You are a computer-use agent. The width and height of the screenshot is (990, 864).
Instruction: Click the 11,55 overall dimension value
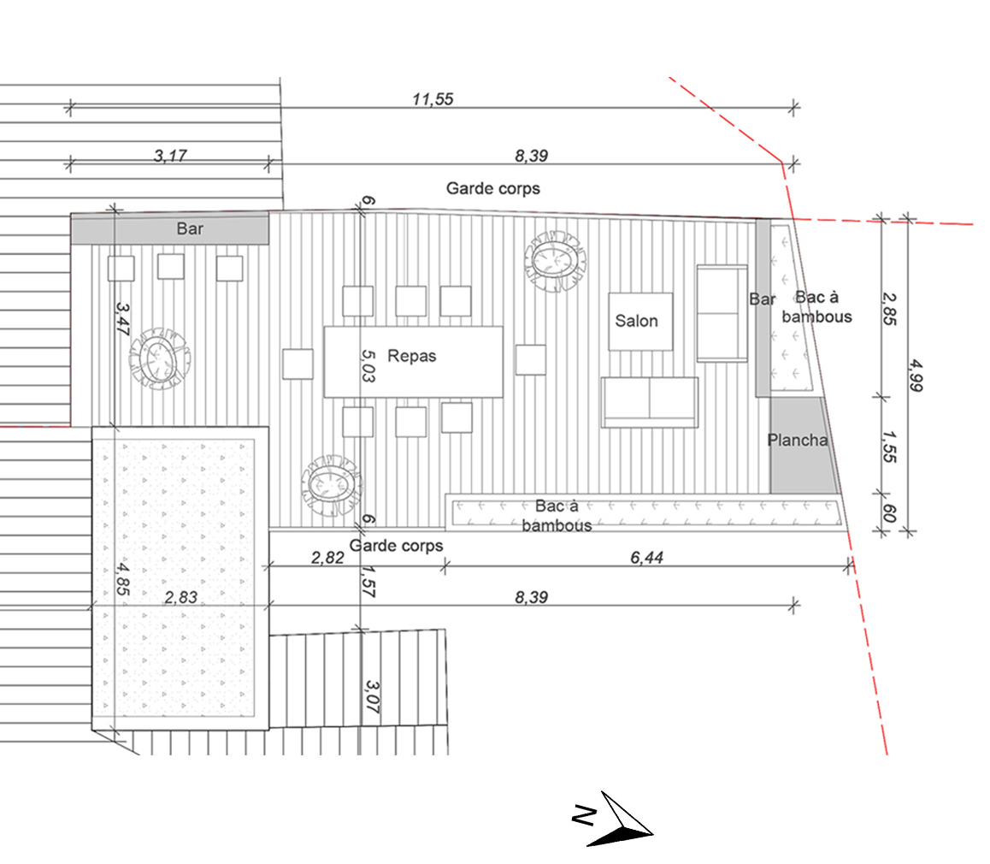coord(432,98)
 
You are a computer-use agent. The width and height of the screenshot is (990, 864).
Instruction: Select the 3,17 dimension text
coord(169,155)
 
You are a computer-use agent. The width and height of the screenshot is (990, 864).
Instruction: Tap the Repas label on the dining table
coord(411,356)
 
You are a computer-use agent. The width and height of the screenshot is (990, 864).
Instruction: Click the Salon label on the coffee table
coord(637,321)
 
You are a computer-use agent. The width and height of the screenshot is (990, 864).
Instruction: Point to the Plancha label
coord(797,441)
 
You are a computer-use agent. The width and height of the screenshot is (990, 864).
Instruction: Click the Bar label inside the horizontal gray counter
coord(190,229)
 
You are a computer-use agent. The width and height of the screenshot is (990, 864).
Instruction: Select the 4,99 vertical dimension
coord(916,374)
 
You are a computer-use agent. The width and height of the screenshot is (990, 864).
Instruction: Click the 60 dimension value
coord(888,513)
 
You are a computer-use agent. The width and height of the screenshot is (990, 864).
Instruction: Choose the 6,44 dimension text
coord(646,558)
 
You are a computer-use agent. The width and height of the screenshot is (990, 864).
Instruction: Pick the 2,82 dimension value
coord(327,558)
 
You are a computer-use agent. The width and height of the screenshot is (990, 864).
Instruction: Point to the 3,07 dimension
coord(372,697)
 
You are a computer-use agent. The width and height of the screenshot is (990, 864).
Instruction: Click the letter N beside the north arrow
coord(583,816)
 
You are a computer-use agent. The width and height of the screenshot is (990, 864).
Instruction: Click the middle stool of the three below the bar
coord(171,267)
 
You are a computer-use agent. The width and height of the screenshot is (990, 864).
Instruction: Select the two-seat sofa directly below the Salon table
coord(650,402)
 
